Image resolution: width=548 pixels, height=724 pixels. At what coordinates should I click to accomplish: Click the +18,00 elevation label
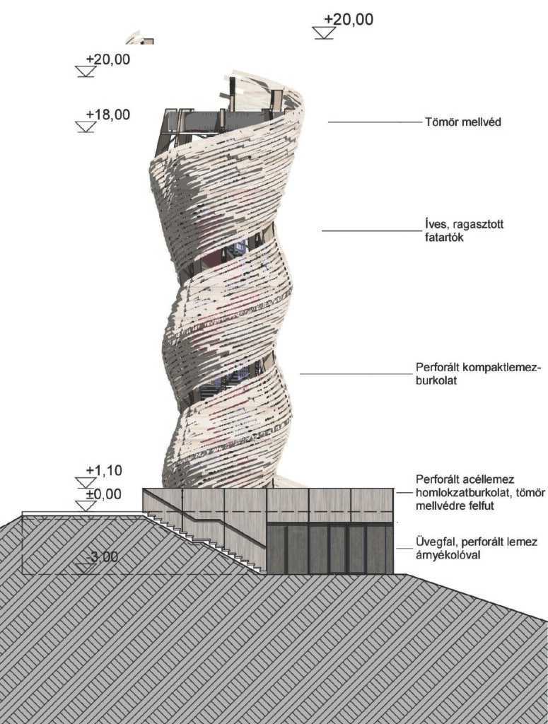(108, 115)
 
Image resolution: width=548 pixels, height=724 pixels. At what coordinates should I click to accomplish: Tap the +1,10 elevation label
(104, 470)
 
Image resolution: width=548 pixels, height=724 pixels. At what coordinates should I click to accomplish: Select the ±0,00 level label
(104, 494)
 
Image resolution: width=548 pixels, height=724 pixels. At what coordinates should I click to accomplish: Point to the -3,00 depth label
(102, 557)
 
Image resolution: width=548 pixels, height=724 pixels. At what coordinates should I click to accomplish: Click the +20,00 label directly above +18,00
(108, 59)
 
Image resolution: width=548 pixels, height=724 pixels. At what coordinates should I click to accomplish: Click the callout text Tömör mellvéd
(463, 122)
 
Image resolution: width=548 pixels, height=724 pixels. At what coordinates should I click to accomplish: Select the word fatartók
(443, 238)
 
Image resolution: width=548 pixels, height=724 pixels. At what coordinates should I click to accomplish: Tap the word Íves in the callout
(435, 225)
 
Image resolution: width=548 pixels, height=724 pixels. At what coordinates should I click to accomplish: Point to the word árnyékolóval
(448, 554)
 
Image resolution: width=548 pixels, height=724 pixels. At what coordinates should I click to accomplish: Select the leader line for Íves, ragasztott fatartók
(372, 231)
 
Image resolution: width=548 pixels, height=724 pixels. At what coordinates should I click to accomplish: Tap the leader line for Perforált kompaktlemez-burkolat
(356, 374)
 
